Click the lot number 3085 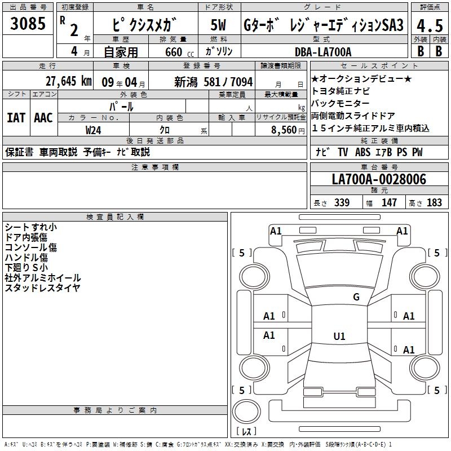[x=28, y=24]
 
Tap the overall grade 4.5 [x=430, y=25]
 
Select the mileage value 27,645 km [x=68, y=81]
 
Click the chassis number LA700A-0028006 [x=379, y=179]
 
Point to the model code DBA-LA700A [x=323, y=52]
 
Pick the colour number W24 [x=93, y=130]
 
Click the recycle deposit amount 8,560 [x=284, y=130]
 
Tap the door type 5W [x=218, y=25]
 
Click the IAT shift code [x=16, y=118]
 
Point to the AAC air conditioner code [x=43, y=118]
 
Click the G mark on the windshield [x=356, y=297]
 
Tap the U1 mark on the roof [x=339, y=336]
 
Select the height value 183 [x=434, y=202]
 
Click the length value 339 [x=342, y=202]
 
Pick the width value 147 [x=389, y=202]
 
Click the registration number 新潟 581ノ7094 [x=214, y=82]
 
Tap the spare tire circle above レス [x=246, y=412]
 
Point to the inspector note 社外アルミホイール [x=43, y=278]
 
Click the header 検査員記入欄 [x=115, y=217]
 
